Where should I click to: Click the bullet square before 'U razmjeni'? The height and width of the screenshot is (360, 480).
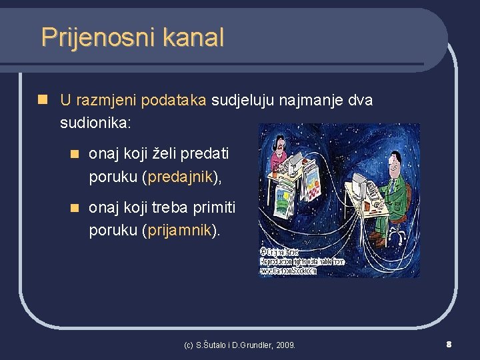43,101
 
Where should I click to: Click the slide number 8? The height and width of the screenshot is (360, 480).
449,344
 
